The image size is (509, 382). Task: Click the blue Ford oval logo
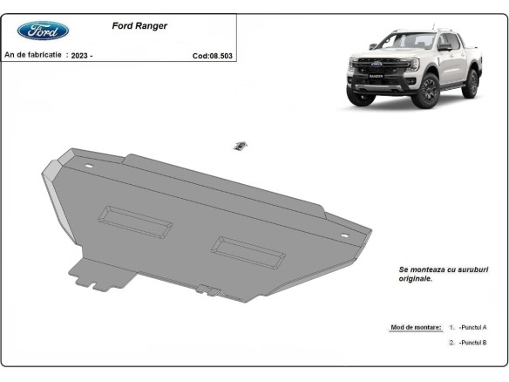click(x=43, y=31)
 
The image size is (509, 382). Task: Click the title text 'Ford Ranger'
click(x=139, y=26)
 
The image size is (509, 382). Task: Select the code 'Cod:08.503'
click(x=213, y=55)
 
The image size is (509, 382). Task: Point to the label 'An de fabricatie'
click(x=33, y=55)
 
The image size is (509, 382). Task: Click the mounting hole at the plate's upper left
click(x=85, y=167)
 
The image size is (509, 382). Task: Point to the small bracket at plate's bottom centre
click(x=205, y=289)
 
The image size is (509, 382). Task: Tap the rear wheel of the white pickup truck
click(x=471, y=84)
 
